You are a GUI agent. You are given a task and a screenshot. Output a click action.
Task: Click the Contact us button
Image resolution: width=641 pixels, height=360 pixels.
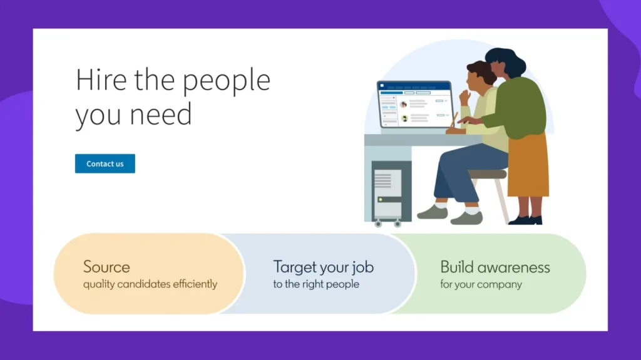105,163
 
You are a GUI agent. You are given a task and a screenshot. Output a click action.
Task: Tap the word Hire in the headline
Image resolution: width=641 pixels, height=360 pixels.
101,80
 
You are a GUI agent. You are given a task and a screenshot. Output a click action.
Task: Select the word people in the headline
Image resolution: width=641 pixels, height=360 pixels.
226,82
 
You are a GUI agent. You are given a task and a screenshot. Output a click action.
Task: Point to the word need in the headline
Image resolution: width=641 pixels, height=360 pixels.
161,114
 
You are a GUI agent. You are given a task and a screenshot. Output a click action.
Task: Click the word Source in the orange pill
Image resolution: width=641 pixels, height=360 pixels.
106,267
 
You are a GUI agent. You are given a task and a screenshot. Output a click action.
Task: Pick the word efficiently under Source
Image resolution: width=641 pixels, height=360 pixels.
195,284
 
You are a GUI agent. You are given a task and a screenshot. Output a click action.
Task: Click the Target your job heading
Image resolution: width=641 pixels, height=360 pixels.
324,267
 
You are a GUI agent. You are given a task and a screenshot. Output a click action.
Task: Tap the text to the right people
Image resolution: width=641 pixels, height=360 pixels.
316,284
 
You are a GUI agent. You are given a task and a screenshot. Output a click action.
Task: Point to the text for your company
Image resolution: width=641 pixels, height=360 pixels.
481,284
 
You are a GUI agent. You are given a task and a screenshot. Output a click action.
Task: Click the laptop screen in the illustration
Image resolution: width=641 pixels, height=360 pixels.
415,105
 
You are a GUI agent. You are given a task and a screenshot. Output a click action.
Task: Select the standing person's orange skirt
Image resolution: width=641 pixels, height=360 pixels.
528,166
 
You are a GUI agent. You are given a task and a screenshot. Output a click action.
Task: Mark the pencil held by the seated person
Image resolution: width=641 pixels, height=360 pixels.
453,120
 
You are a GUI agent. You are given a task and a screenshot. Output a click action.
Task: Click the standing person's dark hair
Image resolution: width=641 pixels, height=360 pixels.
506,61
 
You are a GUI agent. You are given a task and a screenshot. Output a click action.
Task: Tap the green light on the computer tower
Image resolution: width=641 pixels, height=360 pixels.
381,200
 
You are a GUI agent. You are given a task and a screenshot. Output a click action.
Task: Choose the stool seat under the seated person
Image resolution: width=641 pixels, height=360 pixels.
487,174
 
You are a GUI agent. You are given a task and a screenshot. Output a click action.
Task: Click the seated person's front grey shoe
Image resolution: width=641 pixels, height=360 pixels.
467,218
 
